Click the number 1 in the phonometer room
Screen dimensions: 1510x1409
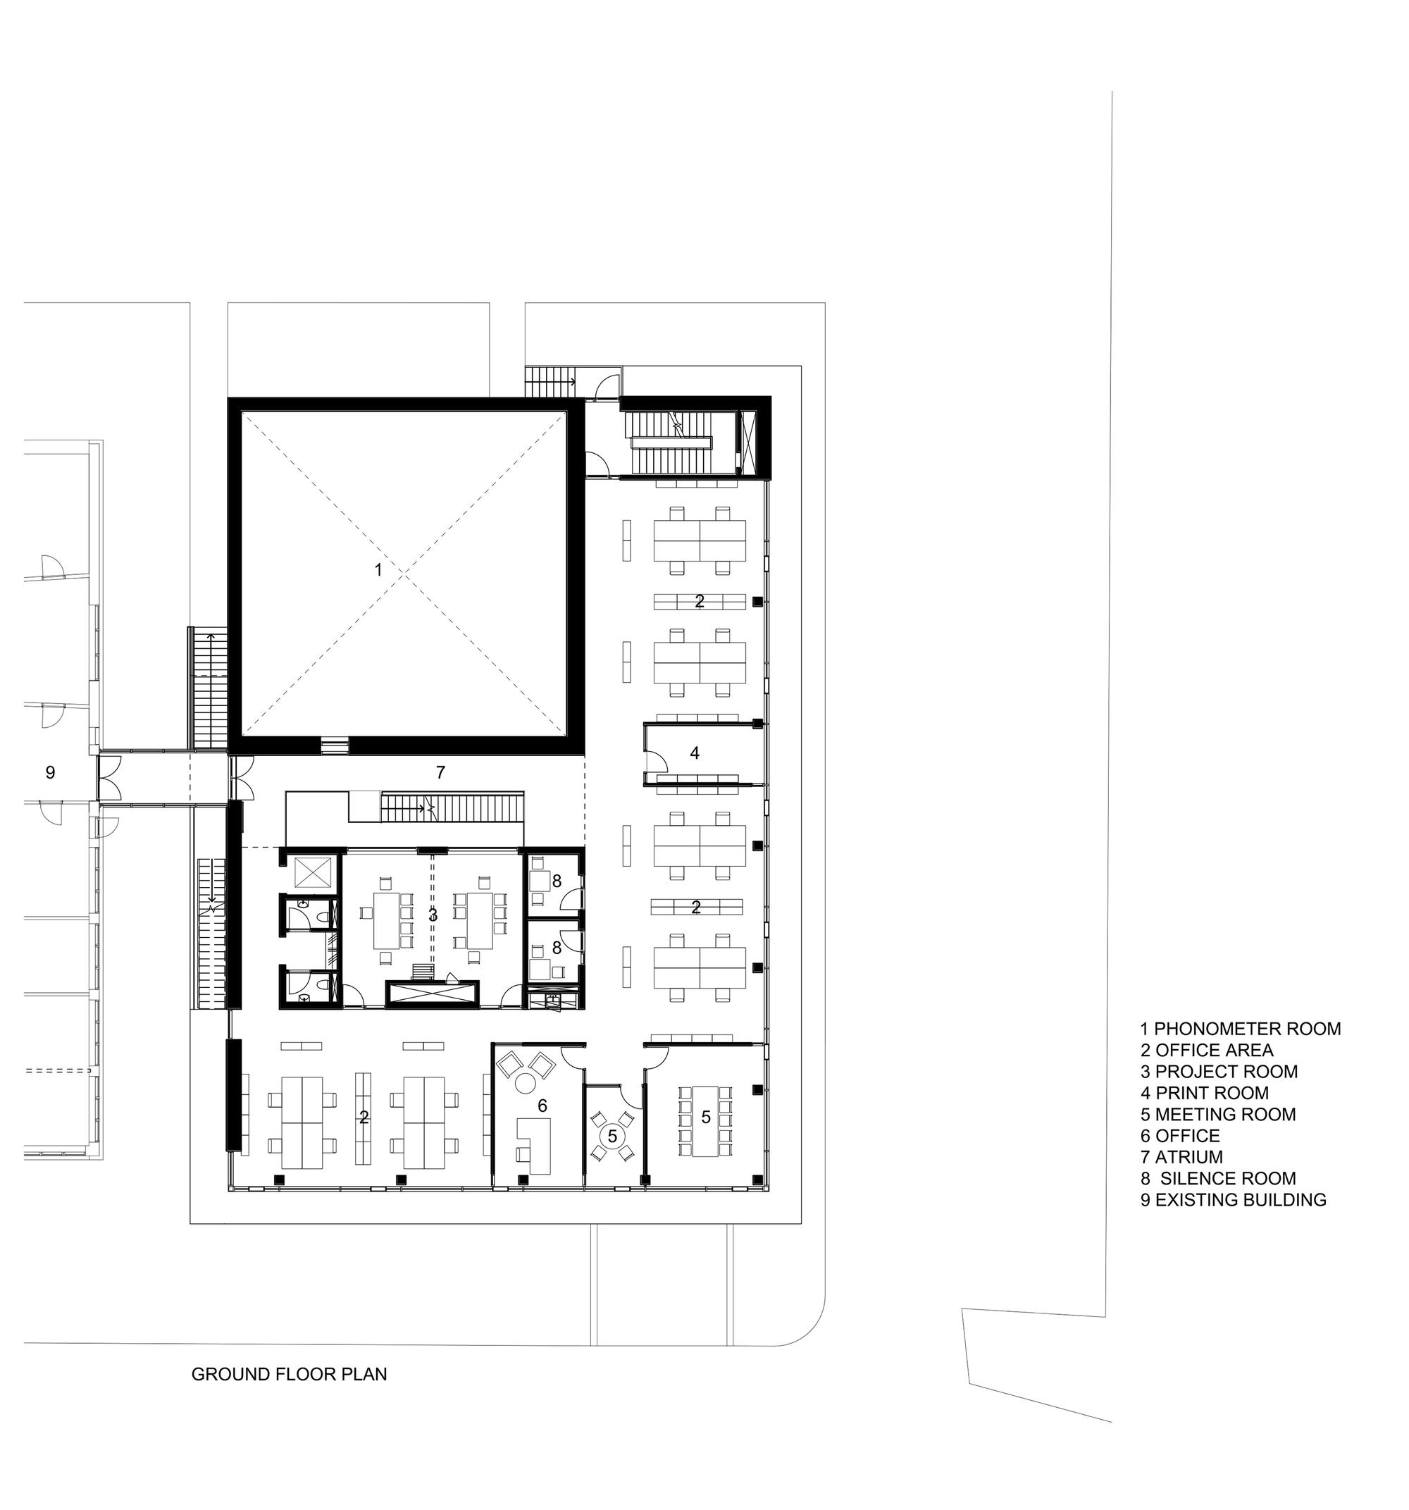tap(378, 569)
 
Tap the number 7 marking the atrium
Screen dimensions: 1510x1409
tap(440, 772)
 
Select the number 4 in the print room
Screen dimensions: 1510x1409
tap(694, 753)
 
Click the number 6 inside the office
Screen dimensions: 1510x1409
tap(542, 1105)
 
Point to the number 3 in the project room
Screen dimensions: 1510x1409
tap(433, 915)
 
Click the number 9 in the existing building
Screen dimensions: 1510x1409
tap(50, 772)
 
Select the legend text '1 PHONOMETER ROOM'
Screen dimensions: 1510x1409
tap(1241, 1029)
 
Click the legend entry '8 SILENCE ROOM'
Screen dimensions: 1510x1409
tap(1218, 1178)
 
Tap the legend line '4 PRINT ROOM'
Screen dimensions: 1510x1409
tap(1204, 1093)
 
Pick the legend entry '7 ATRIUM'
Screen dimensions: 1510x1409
tap(1181, 1157)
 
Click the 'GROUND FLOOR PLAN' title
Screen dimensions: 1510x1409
tap(290, 1374)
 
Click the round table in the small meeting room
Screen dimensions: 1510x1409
tap(612, 1137)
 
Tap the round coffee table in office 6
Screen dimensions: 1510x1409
tap(525, 1083)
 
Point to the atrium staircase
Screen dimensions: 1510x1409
tap(452, 807)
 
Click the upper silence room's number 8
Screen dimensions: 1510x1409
tap(557, 881)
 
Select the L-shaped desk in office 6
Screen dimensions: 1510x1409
tap(535, 1144)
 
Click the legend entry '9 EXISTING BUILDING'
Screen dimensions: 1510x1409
tap(1234, 1199)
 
